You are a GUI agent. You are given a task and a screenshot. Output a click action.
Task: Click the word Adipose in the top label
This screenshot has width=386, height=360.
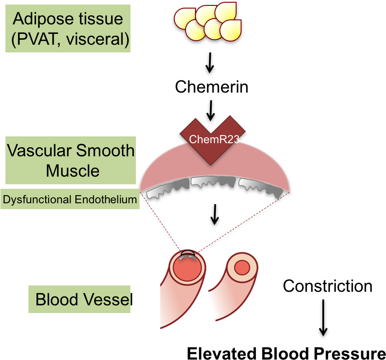[37, 19]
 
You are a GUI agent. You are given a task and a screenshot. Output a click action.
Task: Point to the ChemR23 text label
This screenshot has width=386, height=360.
[214, 139]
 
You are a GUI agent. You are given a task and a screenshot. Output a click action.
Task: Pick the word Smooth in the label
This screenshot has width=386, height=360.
[106, 150]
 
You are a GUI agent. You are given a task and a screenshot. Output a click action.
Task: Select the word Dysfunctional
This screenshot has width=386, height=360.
[37, 199]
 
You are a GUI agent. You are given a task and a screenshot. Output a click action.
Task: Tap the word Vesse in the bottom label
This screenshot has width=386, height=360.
[107, 299]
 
